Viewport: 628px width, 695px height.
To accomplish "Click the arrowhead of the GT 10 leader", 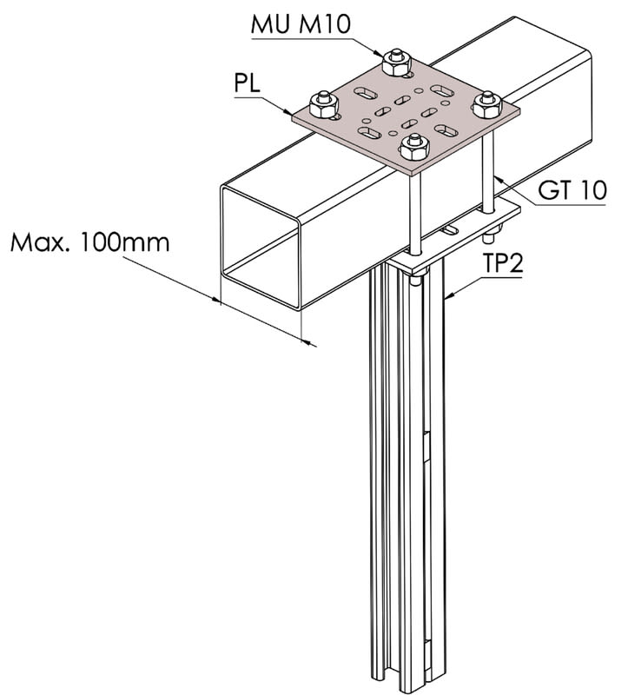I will (x=495, y=177).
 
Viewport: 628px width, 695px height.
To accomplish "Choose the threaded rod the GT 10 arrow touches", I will (x=490, y=165).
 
